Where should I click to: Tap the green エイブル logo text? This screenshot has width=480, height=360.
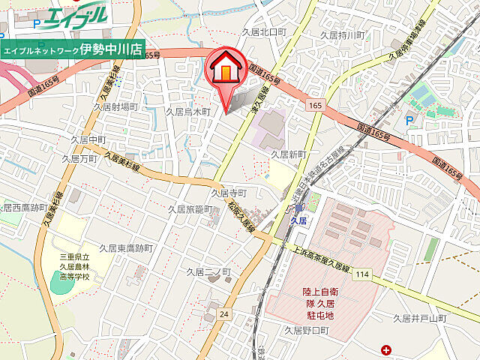pos(76,16)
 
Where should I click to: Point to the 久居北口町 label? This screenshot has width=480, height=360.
pos(264,31)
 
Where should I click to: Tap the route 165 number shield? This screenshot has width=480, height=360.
pos(313,106)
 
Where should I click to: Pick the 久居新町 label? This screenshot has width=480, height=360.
pos(289,154)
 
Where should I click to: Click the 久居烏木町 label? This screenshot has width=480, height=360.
pos(187,111)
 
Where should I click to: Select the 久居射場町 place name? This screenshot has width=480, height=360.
pos(115,107)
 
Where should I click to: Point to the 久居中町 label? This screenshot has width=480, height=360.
pos(88,139)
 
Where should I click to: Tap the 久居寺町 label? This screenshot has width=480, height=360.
pos(228,193)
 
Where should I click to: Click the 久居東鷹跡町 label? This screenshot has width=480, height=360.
pos(127,247)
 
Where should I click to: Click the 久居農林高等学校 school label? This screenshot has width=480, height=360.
pos(74,266)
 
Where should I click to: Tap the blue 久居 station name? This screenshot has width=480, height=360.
pos(299,221)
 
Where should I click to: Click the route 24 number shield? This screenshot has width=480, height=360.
pos(224,315)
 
